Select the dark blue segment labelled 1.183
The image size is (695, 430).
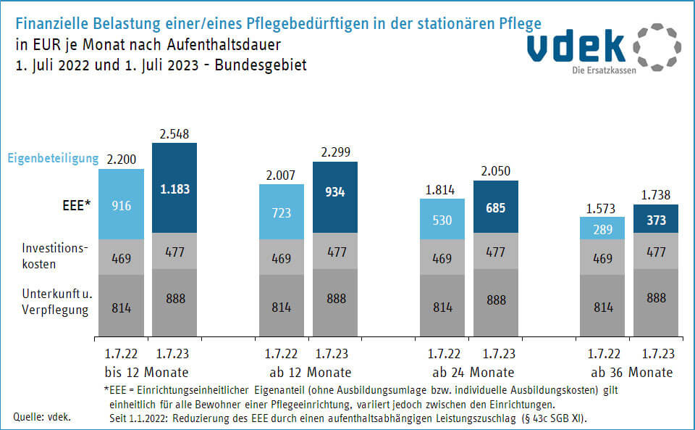[174, 188]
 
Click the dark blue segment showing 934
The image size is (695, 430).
[334, 197]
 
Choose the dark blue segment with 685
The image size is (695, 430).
[495, 207]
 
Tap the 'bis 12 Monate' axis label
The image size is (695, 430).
[146, 373]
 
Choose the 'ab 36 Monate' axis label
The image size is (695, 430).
[631, 373]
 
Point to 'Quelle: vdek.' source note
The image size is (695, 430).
[42, 417]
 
